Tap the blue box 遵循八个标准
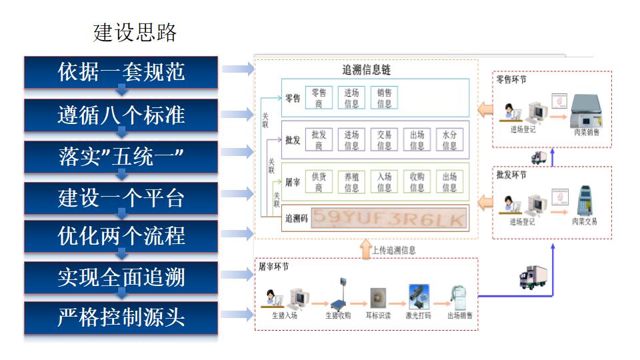(121, 115)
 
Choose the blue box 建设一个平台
(121, 198)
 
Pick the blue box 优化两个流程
(121, 237)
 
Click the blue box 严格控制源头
(121, 317)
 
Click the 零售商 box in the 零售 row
(319, 98)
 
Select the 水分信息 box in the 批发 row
(450, 140)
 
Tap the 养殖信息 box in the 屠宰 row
(351, 182)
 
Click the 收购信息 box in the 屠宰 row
(417, 182)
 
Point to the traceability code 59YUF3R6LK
(389, 218)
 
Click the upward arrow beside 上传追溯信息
(365, 249)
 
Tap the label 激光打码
(418, 315)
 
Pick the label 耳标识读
(379, 315)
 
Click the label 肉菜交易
(585, 222)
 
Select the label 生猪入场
(284, 315)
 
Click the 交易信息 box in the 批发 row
(385, 140)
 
